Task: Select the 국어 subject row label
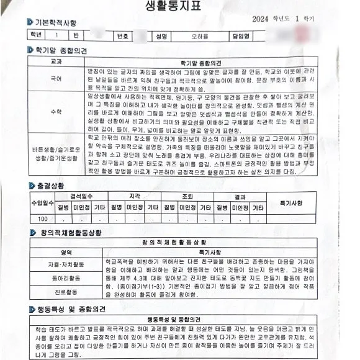coord(55,79)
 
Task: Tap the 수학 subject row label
coord(55,112)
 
